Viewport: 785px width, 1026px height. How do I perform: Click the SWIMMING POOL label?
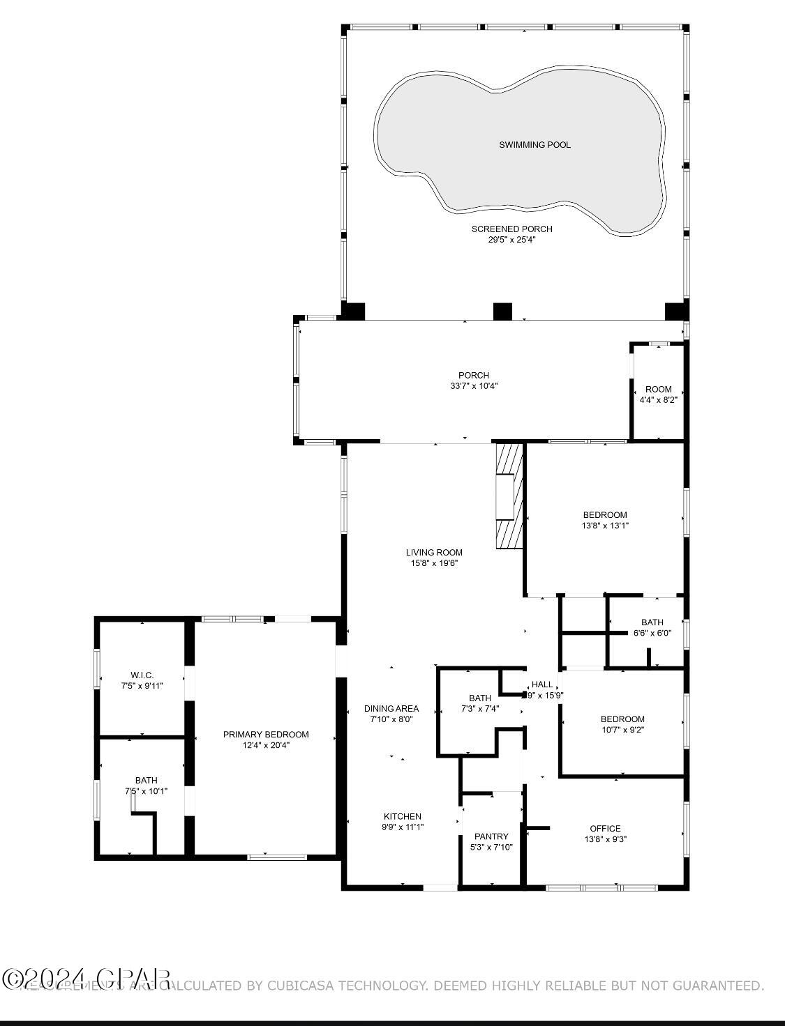tap(534, 145)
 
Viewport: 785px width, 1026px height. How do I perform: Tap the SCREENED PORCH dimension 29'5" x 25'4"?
tap(511, 240)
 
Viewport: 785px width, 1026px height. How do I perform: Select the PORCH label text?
tap(474, 376)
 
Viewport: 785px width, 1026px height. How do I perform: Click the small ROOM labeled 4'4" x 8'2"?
tap(658, 395)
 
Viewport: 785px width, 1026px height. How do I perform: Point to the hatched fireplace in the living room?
tap(509, 496)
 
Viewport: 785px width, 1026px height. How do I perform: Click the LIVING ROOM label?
tap(434, 553)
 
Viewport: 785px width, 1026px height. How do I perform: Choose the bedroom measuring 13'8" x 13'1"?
tap(605, 521)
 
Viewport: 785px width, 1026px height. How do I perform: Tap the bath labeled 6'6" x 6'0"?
tap(652, 627)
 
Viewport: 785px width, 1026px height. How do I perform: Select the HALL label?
tap(542, 684)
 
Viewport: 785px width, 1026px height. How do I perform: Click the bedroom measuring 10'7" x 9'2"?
tap(622, 724)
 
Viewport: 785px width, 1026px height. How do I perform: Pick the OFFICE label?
tap(605, 829)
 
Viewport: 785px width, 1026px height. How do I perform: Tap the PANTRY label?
tap(491, 836)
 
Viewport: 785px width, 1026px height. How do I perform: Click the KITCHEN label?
tap(403, 816)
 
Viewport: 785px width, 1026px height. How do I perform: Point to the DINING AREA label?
tap(391, 709)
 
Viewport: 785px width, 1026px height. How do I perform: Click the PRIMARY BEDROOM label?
tap(266, 734)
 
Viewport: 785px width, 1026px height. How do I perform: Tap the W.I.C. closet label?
tap(142, 675)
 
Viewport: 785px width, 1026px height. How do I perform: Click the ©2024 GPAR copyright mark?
tap(86, 979)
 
